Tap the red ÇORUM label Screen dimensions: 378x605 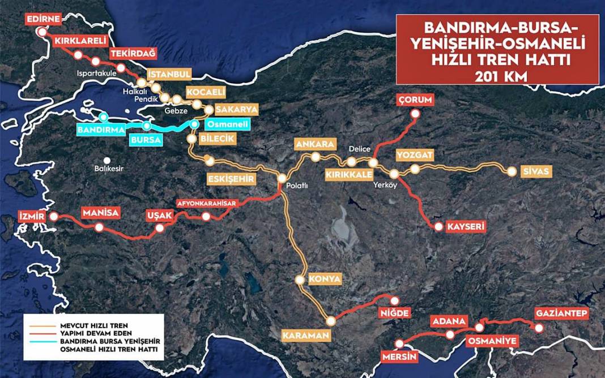pos(415,100)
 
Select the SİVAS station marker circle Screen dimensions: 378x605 pos(512,171)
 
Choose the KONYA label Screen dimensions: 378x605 pos(325,279)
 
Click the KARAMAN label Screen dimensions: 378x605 pos(306,336)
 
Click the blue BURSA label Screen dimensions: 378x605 pos(146,139)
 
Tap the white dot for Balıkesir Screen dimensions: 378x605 pos(106,159)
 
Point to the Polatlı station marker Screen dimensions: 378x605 pos(282,179)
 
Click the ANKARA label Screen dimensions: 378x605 pos(315,144)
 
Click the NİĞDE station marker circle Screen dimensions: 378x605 pos(394,300)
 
